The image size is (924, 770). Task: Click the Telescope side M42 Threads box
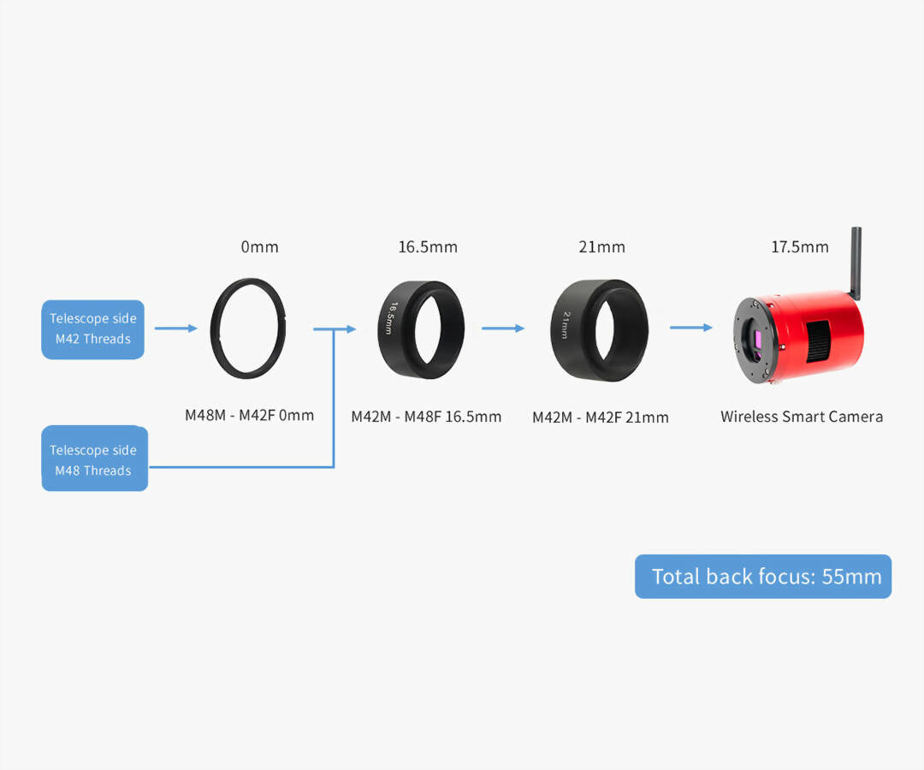coord(93,329)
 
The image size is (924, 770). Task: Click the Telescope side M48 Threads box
coord(94,459)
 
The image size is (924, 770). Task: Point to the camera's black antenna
coord(856,261)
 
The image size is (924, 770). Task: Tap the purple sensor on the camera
coord(757,341)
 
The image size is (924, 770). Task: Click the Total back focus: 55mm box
coord(763,577)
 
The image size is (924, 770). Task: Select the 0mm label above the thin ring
coord(260,247)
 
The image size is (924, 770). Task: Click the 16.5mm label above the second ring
coord(428,247)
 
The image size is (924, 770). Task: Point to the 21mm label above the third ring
coord(601,247)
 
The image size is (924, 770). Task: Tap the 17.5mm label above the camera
coord(800,247)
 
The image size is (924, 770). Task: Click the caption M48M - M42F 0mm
coord(250,416)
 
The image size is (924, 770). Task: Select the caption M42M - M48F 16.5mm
coord(426,418)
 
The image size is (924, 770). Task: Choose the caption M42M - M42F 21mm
coord(601,418)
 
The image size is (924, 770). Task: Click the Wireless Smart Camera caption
coord(802,417)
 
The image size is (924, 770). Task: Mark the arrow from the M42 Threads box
coord(175,327)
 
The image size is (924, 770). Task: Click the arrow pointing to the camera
coord(690,327)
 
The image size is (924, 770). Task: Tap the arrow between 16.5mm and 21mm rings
coord(503,327)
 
